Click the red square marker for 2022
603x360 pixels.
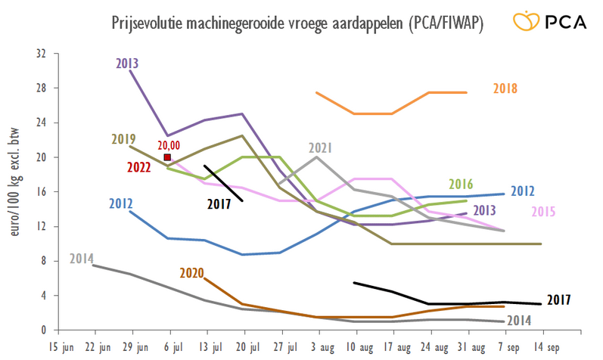(167, 157)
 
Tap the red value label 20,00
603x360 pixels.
(167, 145)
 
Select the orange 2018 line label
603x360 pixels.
(505, 88)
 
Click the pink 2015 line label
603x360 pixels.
(546, 211)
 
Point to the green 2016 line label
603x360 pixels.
(460, 184)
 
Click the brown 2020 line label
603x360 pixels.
(191, 272)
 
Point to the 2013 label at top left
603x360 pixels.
(127, 64)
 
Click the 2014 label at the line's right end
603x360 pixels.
(518, 319)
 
